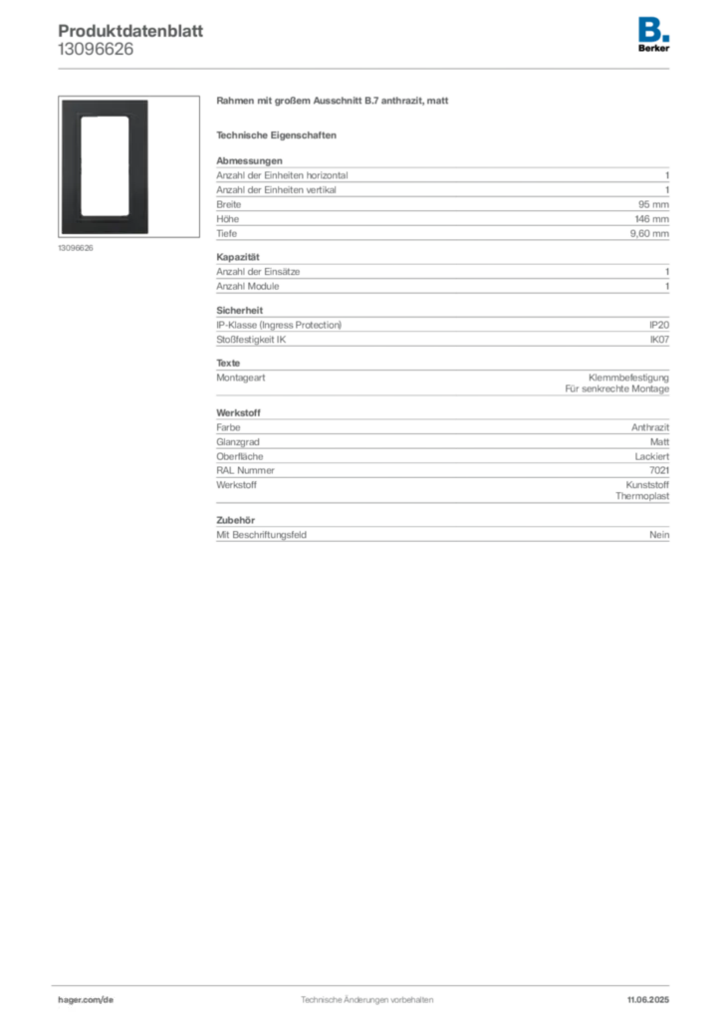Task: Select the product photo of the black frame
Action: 105,167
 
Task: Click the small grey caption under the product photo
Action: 76,249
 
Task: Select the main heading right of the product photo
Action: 335,103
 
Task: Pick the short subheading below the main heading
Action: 279,134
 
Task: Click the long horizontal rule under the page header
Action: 366,68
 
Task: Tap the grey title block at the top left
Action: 129,38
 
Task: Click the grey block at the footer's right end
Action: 650,994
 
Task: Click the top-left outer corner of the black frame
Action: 61,100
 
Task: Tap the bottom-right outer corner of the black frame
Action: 149,235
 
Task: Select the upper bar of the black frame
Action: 105,108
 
